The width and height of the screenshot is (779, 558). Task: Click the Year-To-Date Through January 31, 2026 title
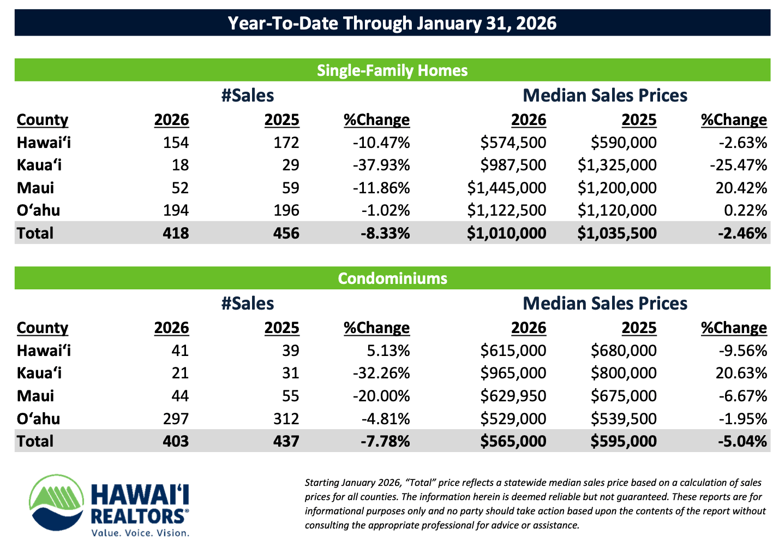[x=392, y=23]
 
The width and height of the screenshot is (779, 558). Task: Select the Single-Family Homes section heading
[x=392, y=70]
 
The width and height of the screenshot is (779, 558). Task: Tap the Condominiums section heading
[x=392, y=278]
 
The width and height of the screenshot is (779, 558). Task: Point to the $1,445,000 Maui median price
[x=507, y=188]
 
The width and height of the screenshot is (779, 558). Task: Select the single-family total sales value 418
[x=176, y=233]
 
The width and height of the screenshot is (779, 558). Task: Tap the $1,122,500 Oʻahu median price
[x=507, y=210]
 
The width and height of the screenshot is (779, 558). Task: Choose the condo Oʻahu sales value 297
[x=176, y=419]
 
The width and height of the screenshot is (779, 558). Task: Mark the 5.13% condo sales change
[x=388, y=351]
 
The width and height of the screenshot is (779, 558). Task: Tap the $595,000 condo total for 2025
[x=624, y=441]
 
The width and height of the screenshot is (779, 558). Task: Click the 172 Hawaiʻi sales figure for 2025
[x=286, y=143]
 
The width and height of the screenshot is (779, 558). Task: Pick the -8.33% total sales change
[x=385, y=233]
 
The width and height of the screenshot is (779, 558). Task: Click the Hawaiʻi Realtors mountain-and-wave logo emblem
[x=57, y=502]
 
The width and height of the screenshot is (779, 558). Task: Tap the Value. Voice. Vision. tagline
[x=140, y=532]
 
